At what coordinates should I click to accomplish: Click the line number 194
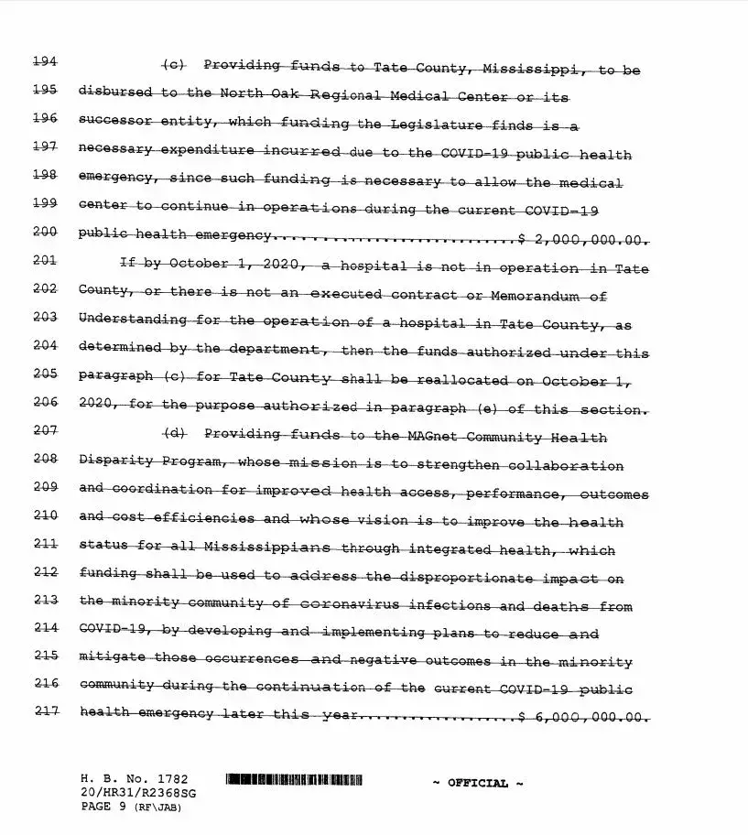click(x=45, y=61)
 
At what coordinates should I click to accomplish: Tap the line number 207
click(x=45, y=429)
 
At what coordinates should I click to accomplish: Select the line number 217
click(x=45, y=711)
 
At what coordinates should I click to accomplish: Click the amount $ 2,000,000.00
click(x=583, y=240)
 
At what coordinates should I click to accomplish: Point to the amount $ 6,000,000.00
click(x=583, y=718)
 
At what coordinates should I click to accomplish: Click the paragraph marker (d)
click(x=174, y=432)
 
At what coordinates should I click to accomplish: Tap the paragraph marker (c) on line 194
click(x=174, y=64)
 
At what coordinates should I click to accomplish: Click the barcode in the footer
click(x=294, y=781)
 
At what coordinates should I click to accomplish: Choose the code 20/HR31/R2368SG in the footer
click(x=137, y=792)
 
